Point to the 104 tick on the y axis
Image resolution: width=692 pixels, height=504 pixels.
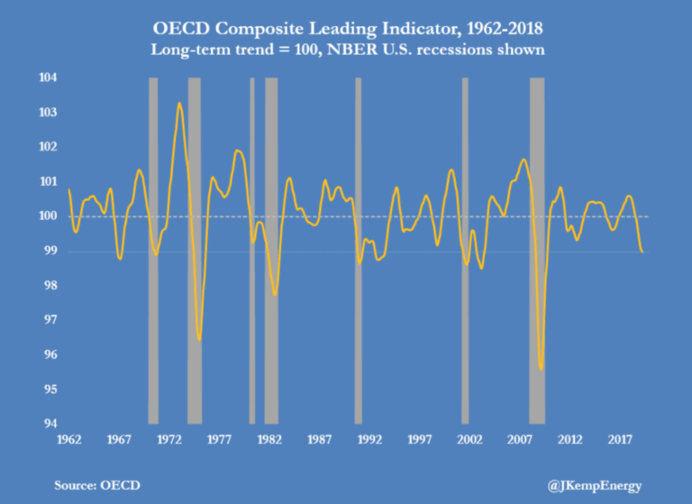[46, 78]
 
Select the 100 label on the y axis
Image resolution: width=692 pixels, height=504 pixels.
[46, 216]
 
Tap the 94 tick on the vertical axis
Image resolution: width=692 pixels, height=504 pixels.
[46, 424]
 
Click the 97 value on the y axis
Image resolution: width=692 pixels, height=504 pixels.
[46, 320]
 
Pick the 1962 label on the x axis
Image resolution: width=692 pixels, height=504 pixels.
[68, 440]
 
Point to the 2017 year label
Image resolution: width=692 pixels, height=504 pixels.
[619, 440]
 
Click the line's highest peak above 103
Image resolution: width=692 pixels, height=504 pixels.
[179, 104]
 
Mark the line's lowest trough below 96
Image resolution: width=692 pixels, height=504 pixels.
[541, 369]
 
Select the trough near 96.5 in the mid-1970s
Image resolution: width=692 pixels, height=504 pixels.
[199, 339]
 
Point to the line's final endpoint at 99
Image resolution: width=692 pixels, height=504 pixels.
[642, 252]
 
